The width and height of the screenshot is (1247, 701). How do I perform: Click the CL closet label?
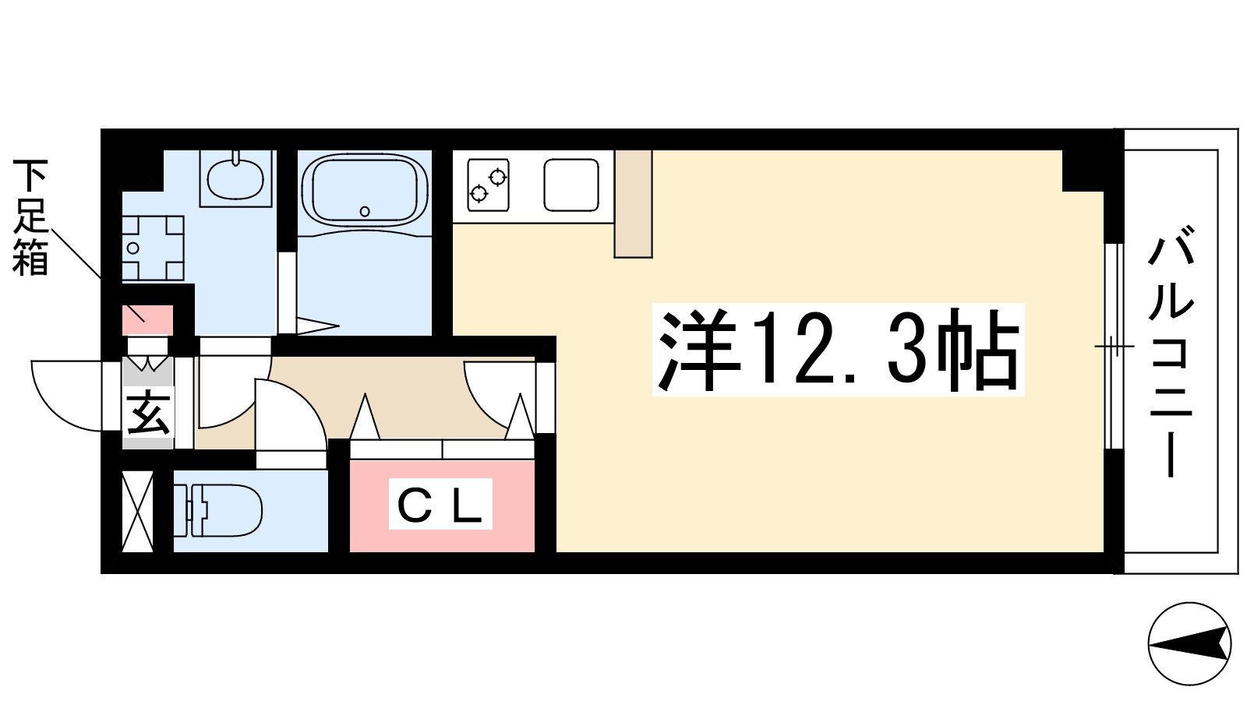click(440, 503)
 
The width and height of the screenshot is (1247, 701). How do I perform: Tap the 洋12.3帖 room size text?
click(838, 350)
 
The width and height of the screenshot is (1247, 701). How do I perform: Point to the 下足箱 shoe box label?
click(30, 217)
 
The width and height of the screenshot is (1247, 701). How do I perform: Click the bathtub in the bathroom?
click(364, 188)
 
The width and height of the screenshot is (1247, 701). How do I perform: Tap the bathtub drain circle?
click(366, 211)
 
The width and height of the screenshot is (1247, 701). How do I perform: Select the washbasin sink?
click(236, 179)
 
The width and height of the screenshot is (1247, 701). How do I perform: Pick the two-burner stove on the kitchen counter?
click(488, 185)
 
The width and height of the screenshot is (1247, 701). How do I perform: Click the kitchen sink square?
click(571, 185)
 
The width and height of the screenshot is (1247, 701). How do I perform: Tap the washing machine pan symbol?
click(153, 248)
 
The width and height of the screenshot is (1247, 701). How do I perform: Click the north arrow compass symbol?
click(1189, 643)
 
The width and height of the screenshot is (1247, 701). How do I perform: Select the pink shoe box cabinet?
click(147, 320)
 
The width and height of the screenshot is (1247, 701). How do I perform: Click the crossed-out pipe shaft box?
click(137, 512)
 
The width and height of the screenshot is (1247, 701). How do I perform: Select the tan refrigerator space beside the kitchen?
click(633, 203)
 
